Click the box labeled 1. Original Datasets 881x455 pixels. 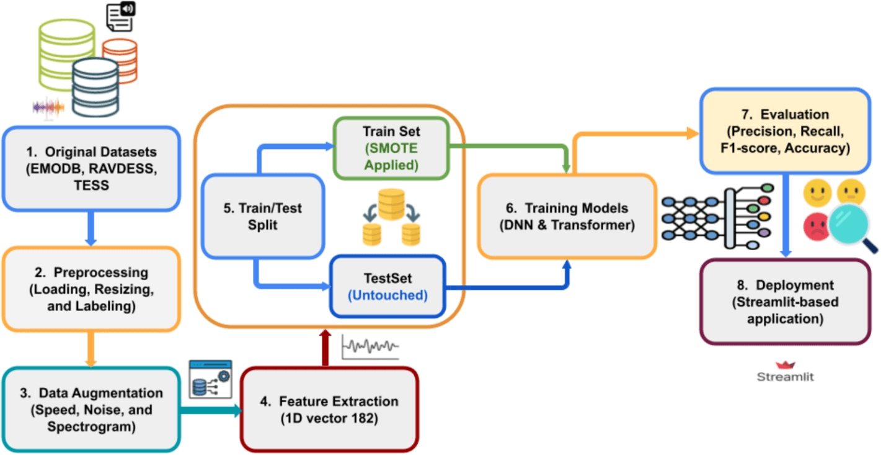[92, 168]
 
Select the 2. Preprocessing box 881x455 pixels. [92, 288]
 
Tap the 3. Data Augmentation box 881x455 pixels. [92, 409]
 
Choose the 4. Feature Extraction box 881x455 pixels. [329, 409]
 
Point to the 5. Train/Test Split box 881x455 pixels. [263, 216]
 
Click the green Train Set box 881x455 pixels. [391, 148]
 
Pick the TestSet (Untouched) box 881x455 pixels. [387, 286]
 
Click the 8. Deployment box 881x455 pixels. [785, 302]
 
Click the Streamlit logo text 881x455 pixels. [785, 376]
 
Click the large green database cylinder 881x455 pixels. [66, 53]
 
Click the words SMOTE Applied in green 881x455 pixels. [391, 157]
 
